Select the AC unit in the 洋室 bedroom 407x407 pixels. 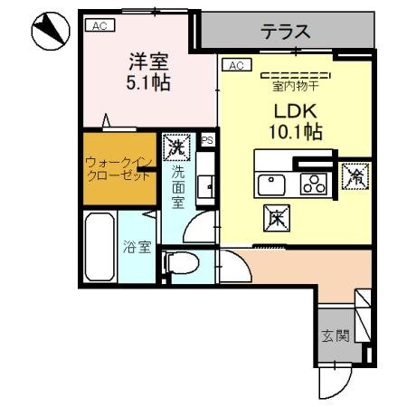98,26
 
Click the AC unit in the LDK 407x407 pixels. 235,65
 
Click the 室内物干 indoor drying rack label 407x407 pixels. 295,88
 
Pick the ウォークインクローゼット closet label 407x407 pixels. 117,168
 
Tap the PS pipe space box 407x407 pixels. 207,139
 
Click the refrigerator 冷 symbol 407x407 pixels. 354,175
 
